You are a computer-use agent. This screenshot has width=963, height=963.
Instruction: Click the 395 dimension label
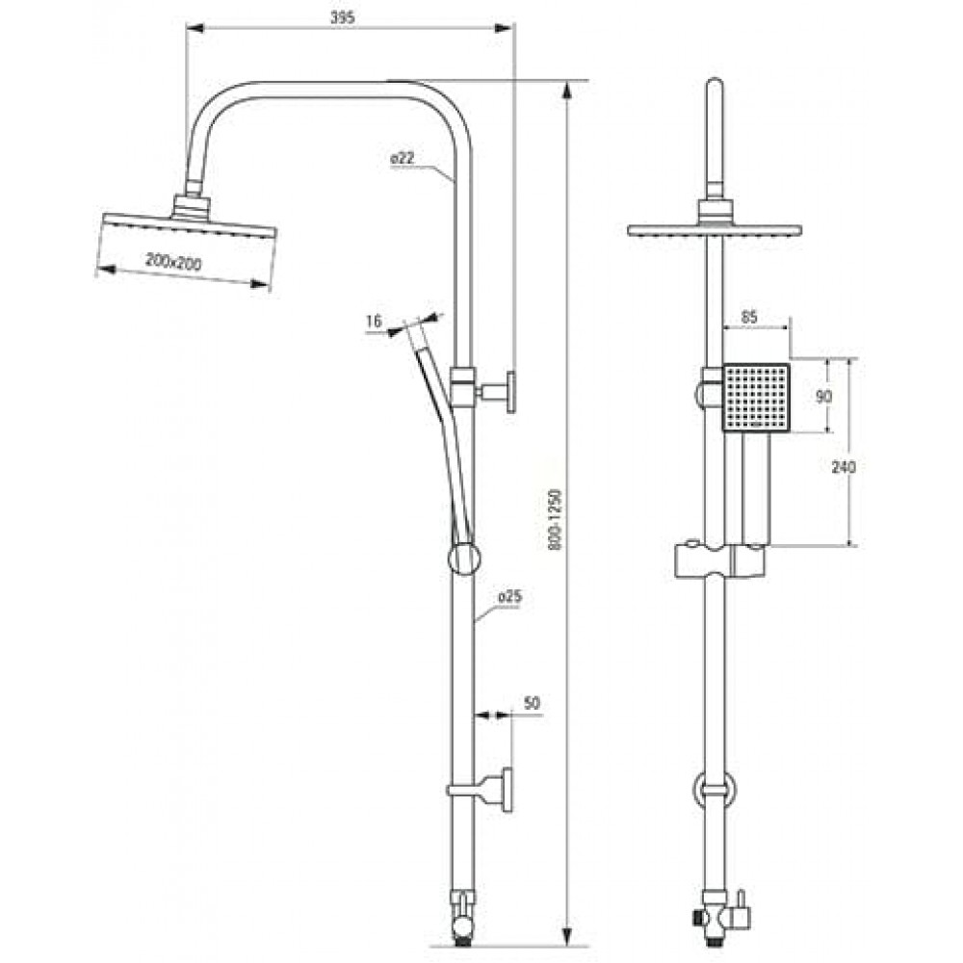[x=342, y=17]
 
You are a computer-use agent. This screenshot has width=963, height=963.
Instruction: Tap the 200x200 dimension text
[x=173, y=262]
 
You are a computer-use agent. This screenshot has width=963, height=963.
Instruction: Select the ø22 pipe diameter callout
[x=403, y=158]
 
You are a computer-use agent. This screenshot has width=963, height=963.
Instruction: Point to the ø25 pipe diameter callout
[x=509, y=596]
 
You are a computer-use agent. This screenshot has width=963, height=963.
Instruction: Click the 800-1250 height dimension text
[x=556, y=519]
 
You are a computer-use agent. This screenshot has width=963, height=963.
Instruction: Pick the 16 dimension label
[x=374, y=321]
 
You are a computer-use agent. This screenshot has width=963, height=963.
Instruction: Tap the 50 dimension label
[x=532, y=703]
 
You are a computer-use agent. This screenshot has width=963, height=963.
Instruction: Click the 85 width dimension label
[x=749, y=317]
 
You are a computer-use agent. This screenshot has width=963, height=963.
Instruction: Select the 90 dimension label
[x=823, y=397]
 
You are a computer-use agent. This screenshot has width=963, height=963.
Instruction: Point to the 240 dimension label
[x=844, y=467]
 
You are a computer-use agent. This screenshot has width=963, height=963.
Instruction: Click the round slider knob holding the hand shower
[x=464, y=559]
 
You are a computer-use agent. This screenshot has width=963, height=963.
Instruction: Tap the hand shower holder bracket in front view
[x=719, y=560]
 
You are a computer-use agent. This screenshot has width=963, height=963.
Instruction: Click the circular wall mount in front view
[x=714, y=791]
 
